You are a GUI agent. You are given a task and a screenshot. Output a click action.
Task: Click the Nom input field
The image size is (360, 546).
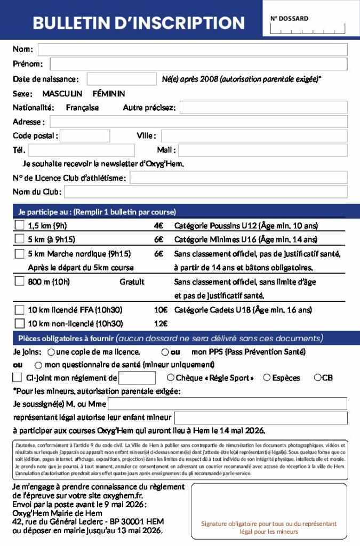point(193,50)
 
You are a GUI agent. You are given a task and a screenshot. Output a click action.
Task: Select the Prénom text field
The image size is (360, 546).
point(198,64)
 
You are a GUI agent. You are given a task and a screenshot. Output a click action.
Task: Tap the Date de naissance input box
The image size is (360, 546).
point(122,79)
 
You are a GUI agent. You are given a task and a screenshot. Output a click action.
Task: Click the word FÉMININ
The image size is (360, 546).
point(109,93)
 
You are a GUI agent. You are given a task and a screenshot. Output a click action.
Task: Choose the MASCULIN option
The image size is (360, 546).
point(62,93)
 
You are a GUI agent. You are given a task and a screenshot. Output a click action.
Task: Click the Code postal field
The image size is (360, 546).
point(85,136)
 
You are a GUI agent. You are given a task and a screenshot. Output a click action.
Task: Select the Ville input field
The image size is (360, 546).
point(254,136)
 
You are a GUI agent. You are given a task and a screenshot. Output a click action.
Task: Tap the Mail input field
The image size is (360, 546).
point(263,150)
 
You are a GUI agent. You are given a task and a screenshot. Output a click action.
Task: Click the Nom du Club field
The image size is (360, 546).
point(205,192)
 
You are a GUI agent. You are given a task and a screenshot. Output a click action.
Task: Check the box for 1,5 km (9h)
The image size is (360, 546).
point(20,225)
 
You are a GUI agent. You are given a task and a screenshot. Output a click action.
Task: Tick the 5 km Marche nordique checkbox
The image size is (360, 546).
point(20,254)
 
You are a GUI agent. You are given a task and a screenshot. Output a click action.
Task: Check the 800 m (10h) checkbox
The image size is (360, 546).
point(20,281)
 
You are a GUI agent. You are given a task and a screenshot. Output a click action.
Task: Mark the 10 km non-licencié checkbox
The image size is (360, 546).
point(20,323)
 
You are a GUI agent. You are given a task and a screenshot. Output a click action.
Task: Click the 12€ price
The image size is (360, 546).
point(161,323)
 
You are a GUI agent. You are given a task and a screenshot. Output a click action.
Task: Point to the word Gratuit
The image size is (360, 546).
point(132,282)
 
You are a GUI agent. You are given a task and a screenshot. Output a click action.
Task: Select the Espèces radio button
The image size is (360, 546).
point(267,378)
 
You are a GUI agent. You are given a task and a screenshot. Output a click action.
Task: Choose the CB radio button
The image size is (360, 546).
point(317,378)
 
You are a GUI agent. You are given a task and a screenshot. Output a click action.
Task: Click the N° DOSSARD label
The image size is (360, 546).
point(289,18)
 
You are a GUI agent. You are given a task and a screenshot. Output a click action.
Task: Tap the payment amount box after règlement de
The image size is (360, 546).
point(137,378)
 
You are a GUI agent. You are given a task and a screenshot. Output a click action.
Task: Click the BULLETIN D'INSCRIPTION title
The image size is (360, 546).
point(139,23)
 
